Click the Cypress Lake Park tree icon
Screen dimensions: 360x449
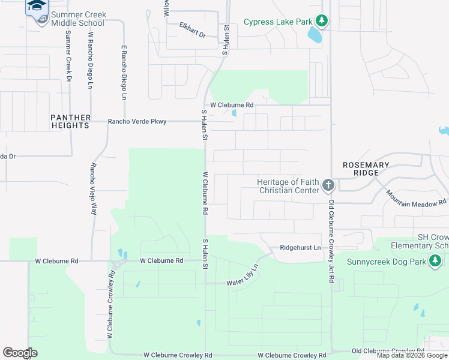pyautogui.click(x=322, y=22)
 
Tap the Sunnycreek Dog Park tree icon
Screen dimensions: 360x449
pyautogui.click(x=435, y=261)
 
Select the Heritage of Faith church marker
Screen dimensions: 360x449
pyautogui.click(x=328, y=185)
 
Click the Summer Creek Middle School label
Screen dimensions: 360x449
pyautogui.click(x=77, y=19)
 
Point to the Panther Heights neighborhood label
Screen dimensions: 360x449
pyautogui.click(x=70, y=121)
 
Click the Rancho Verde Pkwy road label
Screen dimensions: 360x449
pyautogui.click(x=137, y=122)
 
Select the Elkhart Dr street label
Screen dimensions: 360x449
pyautogui.click(x=192, y=30)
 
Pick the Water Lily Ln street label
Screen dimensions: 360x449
pyautogui.click(x=243, y=277)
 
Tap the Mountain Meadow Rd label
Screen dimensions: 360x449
pyautogui.click(x=416, y=199)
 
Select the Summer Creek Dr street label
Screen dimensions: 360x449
pyautogui.click(x=68, y=57)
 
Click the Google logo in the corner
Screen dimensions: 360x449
pyautogui.click(x=20, y=352)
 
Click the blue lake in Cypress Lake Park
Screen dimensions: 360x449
pyautogui.click(x=314, y=35)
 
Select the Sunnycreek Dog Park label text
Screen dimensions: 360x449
pyautogui.click(x=387, y=262)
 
